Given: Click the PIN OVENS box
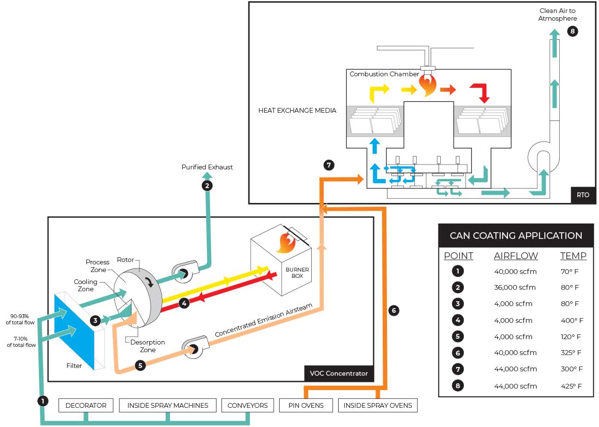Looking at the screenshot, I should point(306,405).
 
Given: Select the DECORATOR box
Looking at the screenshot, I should point(86,405).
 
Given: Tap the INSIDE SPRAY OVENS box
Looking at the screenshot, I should point(377,405).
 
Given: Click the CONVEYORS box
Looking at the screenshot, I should point(247,405).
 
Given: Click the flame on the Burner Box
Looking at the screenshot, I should point(285,243).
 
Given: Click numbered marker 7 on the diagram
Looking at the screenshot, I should point(329,165).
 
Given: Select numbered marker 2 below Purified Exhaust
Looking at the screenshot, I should point(207,186).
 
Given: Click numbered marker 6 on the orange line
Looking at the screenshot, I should point(393,310).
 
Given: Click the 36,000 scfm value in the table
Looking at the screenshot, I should point(515,287).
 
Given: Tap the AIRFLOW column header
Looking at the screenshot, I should point(516,256).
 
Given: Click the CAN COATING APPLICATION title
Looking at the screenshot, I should point(516,236).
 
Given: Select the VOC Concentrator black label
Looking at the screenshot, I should point(339,373).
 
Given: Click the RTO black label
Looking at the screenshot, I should point(583,195).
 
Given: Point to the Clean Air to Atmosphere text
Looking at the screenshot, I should point(558,14).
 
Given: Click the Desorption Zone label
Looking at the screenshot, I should point(147,346).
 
